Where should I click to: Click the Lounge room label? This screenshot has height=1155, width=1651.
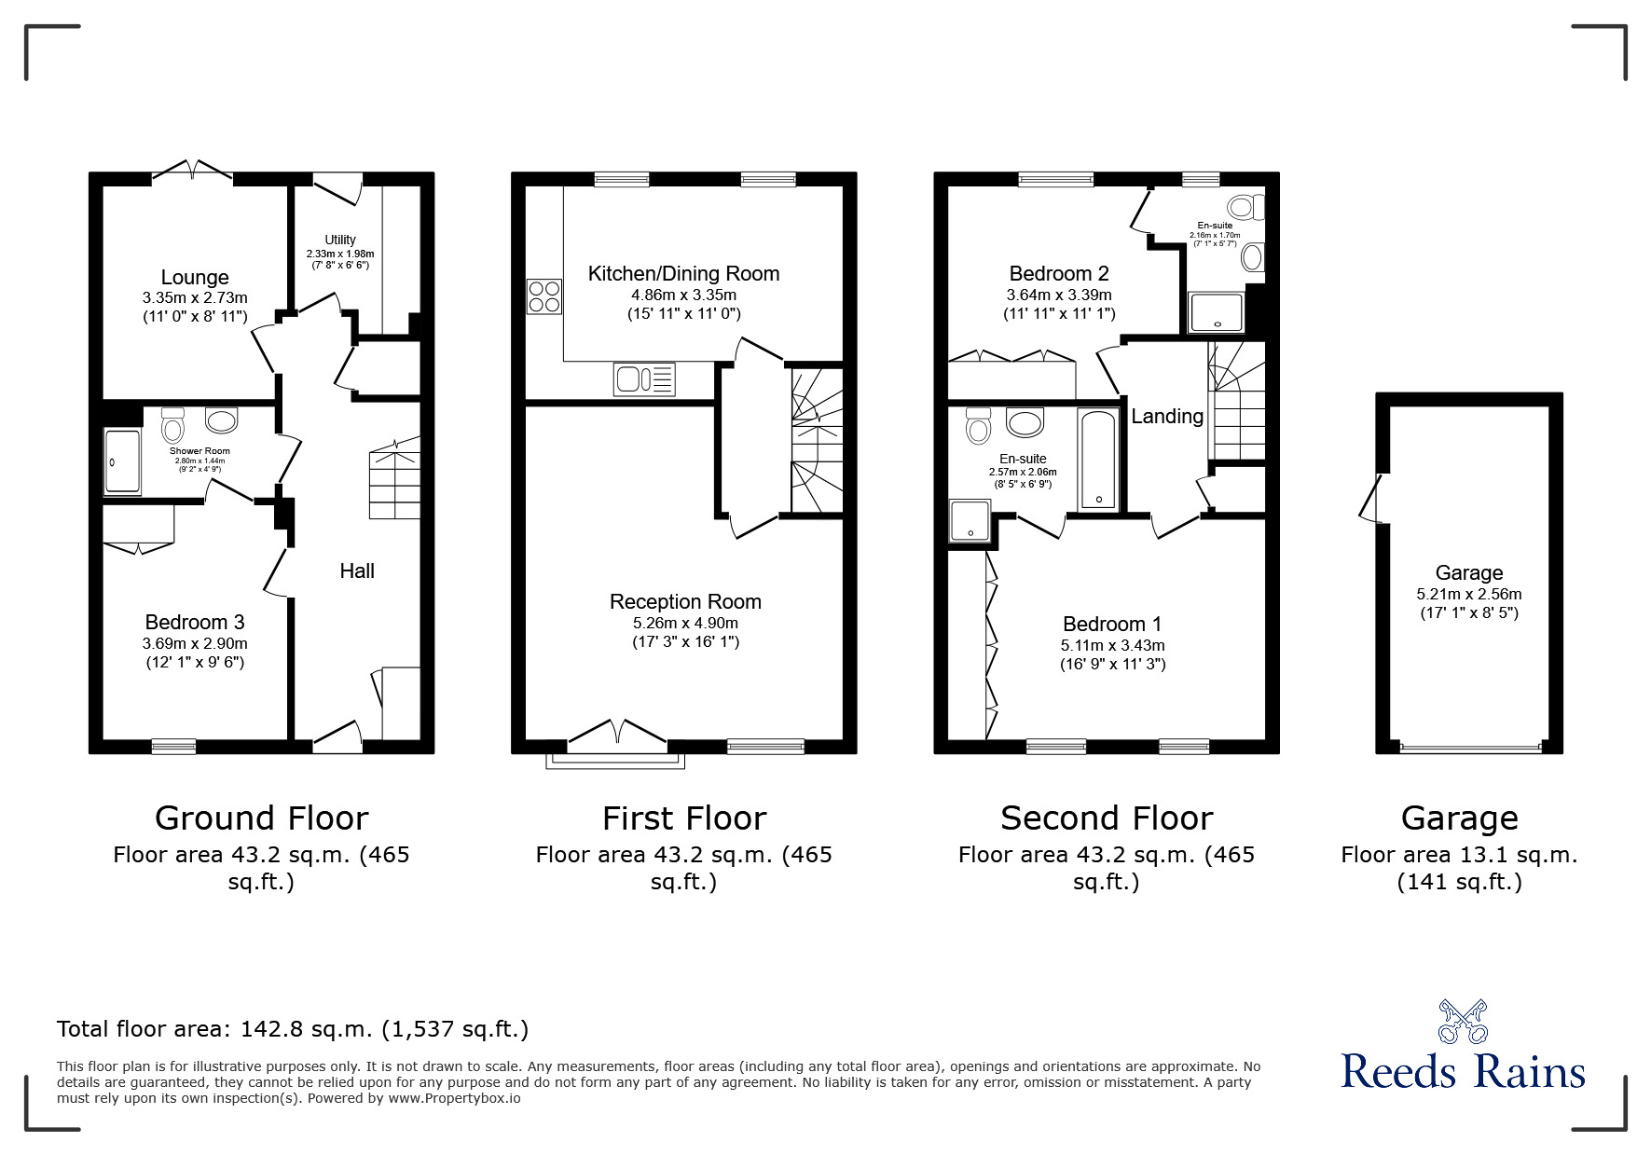195,277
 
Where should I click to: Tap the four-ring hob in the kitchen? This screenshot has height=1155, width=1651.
544,296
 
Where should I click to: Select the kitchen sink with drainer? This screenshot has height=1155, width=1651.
643,379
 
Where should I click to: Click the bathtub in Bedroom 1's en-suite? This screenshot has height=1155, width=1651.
1097,458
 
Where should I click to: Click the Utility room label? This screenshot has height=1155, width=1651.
340,240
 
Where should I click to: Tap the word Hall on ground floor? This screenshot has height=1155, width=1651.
357,571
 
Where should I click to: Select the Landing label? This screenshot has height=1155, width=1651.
1167,416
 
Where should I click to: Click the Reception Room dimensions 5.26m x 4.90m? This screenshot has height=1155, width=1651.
685,623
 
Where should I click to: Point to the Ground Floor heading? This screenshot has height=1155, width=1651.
261,818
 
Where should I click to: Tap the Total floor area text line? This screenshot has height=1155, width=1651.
293,1029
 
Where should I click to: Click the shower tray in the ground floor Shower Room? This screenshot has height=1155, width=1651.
122,461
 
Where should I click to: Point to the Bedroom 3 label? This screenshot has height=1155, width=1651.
195,622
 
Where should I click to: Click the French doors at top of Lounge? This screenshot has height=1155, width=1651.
193,172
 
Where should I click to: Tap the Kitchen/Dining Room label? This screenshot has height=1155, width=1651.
683,273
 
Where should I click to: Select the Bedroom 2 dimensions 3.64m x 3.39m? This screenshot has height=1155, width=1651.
1059,295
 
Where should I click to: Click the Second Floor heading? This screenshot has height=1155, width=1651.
1107,818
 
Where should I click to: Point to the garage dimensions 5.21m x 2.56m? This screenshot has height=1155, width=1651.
1468,594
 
